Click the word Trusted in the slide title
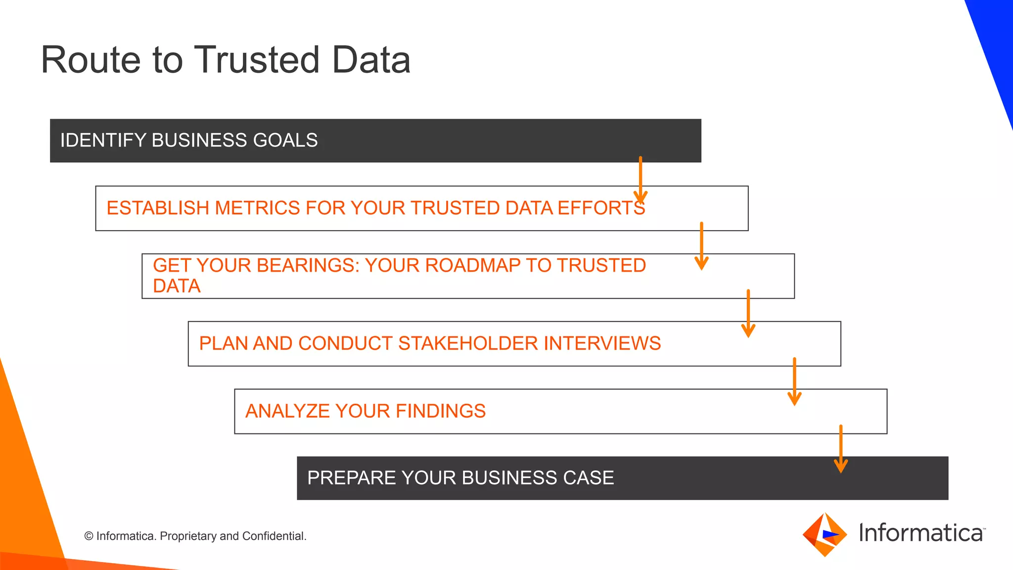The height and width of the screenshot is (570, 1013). tap(257, 60)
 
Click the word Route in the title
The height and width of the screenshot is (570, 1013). tap(91, 60)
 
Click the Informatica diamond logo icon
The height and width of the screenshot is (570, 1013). tap(825, 534)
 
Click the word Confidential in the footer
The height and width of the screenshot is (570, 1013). tap(274, 536)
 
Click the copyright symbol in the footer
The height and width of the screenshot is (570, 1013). tap(89, 536)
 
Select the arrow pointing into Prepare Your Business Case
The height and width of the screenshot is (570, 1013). tap(841, 448)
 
